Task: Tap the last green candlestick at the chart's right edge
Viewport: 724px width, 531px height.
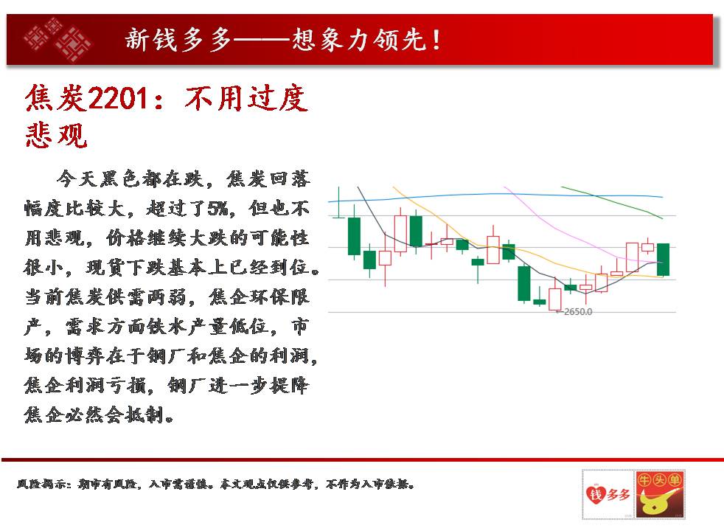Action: tap(663, 260)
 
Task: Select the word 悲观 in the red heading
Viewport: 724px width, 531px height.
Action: tap(56, 135)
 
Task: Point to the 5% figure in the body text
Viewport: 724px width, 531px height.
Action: tap(217, 209)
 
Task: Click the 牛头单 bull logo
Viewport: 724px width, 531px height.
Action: tap(659, 494)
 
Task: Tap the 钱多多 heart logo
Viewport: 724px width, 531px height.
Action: tap(608, 494)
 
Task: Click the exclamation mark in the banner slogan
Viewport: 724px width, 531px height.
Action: tap(436, 39)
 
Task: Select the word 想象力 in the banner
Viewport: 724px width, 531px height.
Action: tap(332, 39)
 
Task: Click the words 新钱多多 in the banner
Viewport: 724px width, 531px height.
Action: tap(178, 39)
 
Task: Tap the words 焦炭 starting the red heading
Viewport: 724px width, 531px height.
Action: tap(56, 98)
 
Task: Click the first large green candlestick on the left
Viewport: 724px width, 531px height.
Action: tap(354, 235)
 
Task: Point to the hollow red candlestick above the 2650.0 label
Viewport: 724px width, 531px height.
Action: tap(554, 299)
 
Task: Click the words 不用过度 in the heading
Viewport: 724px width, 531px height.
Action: tap(246, 98)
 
